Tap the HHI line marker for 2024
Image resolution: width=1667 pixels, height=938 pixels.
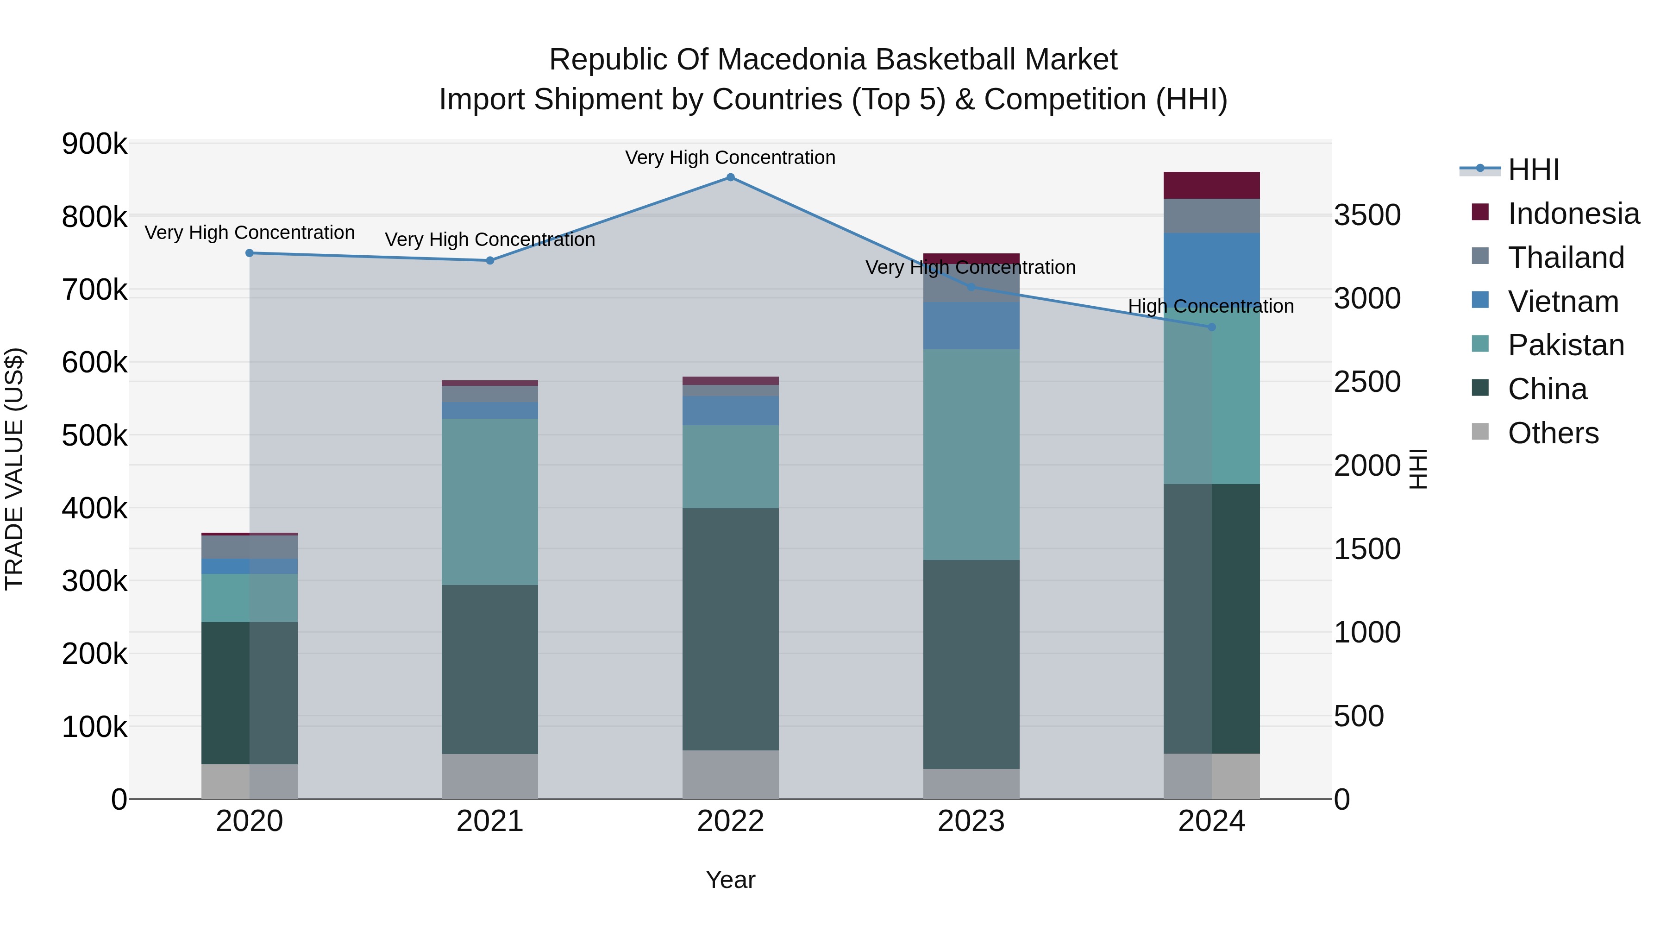[1211, 327]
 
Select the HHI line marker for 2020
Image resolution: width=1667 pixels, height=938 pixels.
[249, 253]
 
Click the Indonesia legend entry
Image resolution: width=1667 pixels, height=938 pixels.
[1573, 214]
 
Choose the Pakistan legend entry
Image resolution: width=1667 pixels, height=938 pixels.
[1566, 345]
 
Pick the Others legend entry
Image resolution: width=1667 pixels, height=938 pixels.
[1553, 433]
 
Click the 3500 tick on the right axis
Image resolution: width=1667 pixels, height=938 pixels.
[1367, 215]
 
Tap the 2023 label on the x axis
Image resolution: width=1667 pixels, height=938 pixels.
[971, 821]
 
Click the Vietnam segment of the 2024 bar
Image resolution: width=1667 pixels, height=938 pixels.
[1211, 269]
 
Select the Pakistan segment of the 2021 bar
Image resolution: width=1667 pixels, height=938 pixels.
[490, 502]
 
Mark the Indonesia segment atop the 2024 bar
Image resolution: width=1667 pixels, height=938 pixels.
[1211, 185]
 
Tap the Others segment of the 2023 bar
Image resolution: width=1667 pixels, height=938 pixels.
[971, 784]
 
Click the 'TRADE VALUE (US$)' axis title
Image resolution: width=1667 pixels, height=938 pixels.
[15, 469]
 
